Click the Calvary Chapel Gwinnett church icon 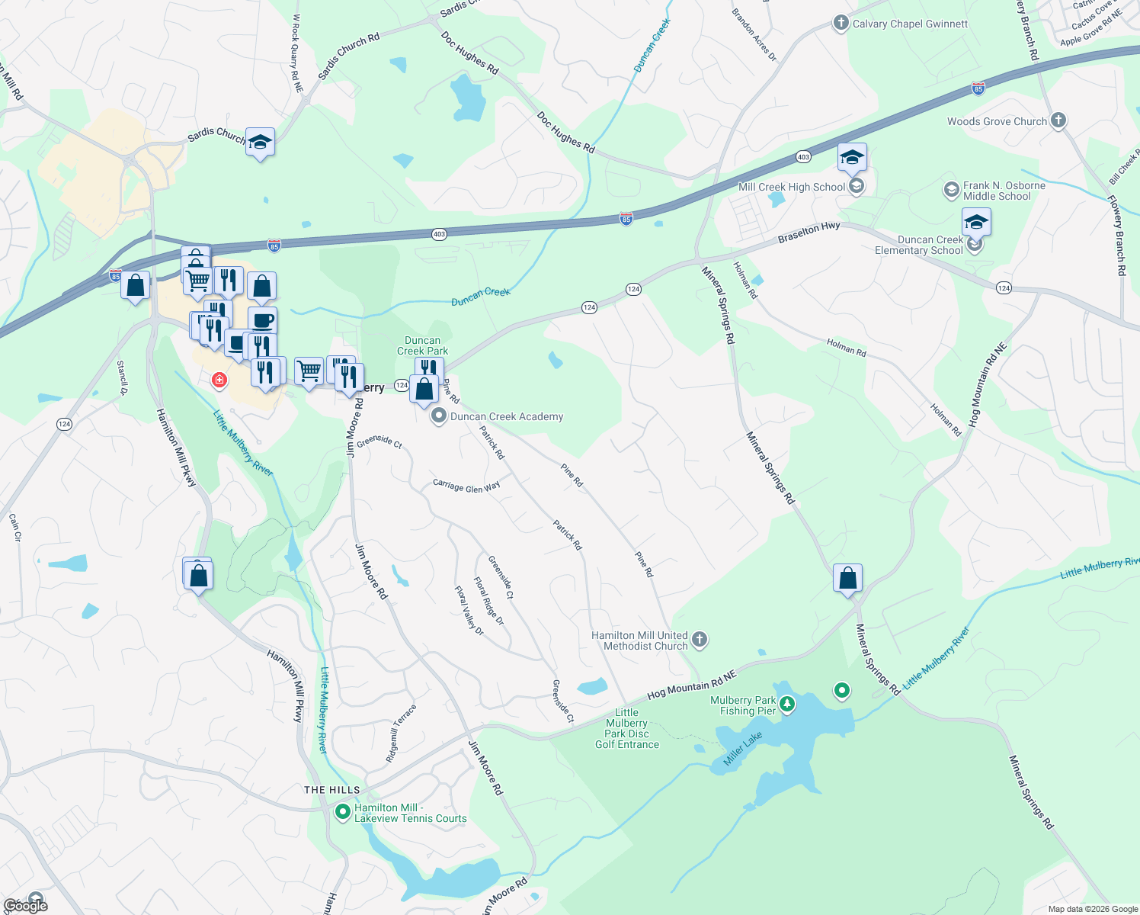pos(841,23)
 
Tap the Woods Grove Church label pos(997,121)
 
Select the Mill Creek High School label pos(792,187)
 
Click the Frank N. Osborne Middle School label pos(1004,191)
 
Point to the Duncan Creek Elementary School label pos(919,245)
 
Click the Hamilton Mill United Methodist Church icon pos(700,640)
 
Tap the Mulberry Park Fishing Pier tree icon pos(787,705)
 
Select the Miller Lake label pos(742,749)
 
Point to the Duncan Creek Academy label pos(507,416)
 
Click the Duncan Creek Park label pos(422,345)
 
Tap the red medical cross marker pos(219,380)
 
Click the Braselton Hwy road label pos(809,233)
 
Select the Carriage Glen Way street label pos(466,486)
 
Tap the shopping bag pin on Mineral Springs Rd pos(847,579)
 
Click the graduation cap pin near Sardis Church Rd pos(260,142)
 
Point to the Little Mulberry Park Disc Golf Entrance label pos(626,728)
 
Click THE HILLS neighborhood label pos(331,790)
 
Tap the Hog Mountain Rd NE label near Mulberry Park pos(692,685)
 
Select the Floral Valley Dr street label pos(469,610)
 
